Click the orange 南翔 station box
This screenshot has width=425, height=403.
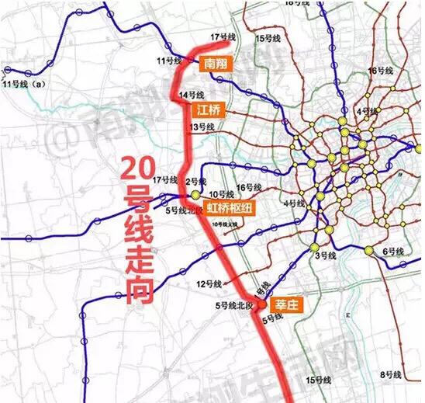tap(212, 63)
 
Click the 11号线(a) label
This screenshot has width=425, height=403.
tap(22, 83)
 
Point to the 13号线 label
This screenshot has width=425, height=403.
tap(201, 127)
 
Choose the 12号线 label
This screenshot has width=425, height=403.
tap(207, 282)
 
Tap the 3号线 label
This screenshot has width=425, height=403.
tap(324, 255)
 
